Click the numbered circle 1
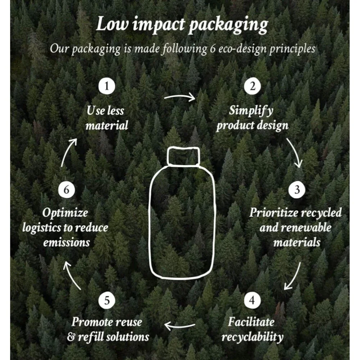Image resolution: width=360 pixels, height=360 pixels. pos(107,86)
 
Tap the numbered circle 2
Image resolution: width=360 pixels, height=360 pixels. pos(252,86)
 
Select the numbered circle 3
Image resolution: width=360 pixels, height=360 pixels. pos(297,190)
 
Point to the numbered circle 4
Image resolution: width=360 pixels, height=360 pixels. pos(252,300)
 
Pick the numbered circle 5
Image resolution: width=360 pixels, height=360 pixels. pos(107,300)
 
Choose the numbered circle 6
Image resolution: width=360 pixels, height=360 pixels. pos(66,190)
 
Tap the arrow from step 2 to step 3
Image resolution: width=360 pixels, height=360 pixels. pos(296,152)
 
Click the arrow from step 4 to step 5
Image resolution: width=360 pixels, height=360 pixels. pos(180,326)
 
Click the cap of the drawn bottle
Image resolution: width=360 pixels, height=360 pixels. pos(183,156)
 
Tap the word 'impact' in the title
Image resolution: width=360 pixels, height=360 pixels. pos(159,25)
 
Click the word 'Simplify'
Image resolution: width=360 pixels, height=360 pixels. pos(251,111)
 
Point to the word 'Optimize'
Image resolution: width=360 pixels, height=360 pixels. pos(65,213)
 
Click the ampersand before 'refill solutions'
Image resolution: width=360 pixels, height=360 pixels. pos(71,337)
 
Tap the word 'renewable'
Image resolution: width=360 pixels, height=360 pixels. pos(307,228)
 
